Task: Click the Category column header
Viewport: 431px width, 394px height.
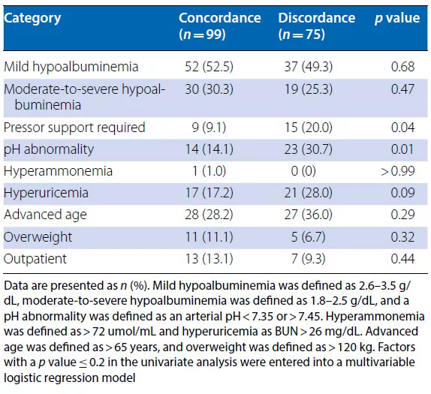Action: coord(32,19)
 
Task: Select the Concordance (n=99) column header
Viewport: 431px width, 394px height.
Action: coord(219,26)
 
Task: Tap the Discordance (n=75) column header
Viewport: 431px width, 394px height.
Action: coord(317,26)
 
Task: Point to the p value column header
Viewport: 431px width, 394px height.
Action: coord(397,18)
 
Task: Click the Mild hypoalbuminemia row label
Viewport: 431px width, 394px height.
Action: coord(71,67)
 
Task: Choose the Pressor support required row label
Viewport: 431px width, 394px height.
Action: coord(74,128)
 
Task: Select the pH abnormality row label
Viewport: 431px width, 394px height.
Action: coord(49,149)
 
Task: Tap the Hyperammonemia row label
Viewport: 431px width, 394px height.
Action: coord(58,171)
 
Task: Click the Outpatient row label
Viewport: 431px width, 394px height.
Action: coord(35,259)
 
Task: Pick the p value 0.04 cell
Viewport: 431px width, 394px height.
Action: coord(402,128)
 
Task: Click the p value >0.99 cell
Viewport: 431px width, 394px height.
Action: coord(397,171)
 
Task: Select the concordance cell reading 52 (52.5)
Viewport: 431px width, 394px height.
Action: coord(209,67)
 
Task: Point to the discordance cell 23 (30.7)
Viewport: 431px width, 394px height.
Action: coord(309,149)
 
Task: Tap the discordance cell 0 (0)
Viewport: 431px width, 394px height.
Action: coord(303,171)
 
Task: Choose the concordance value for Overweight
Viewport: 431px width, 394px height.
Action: coord(209,237)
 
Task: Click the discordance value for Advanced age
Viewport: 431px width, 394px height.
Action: coord(309,215)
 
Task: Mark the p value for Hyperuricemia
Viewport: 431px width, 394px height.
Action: coord(402,193)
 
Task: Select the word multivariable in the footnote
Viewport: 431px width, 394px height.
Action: coord(380,362)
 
